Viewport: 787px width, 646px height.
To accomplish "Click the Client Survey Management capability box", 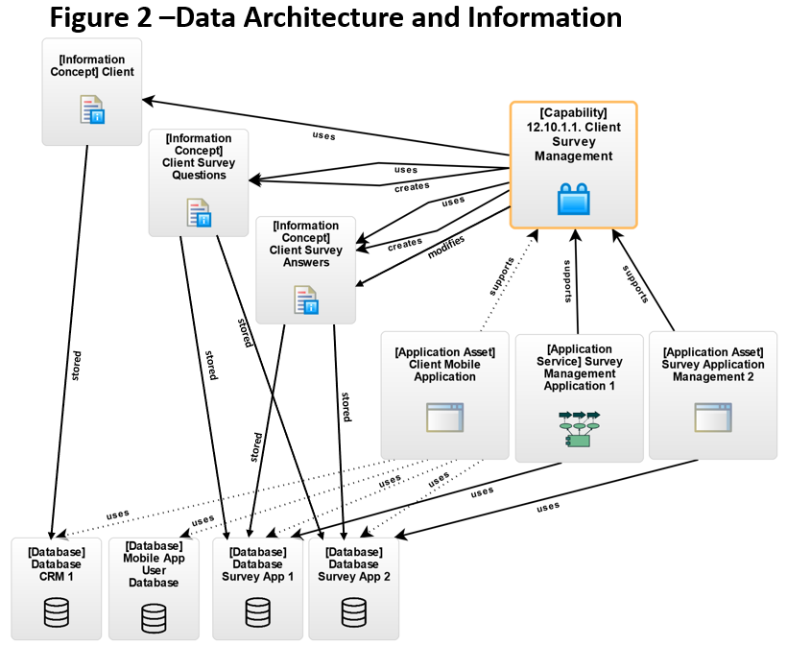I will (x=573, y=164).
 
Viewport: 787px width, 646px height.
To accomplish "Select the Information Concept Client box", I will (x=92, y=92).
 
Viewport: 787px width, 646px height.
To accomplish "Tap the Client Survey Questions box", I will (x=199, y=182).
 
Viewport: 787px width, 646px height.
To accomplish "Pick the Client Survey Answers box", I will (x=305, y=270).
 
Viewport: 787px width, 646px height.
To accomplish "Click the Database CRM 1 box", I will (x=57, y=588).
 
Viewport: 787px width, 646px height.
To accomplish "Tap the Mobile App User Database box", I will (x=154, y=588).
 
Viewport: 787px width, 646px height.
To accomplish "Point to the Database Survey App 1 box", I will (x=257, y=588).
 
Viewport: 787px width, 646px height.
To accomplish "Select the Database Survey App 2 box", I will (x=353, y=588).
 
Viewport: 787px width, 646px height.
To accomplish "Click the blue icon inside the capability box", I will (x=573, y=199).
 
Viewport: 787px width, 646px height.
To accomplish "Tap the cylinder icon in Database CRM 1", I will (x=57, y=611).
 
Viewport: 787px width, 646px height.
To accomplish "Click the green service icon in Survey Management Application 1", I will (x=579, y=428).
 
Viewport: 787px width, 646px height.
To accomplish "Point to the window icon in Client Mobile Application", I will (x=444, y=418).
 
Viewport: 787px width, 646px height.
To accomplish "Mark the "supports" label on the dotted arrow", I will (x=495, y=276).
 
